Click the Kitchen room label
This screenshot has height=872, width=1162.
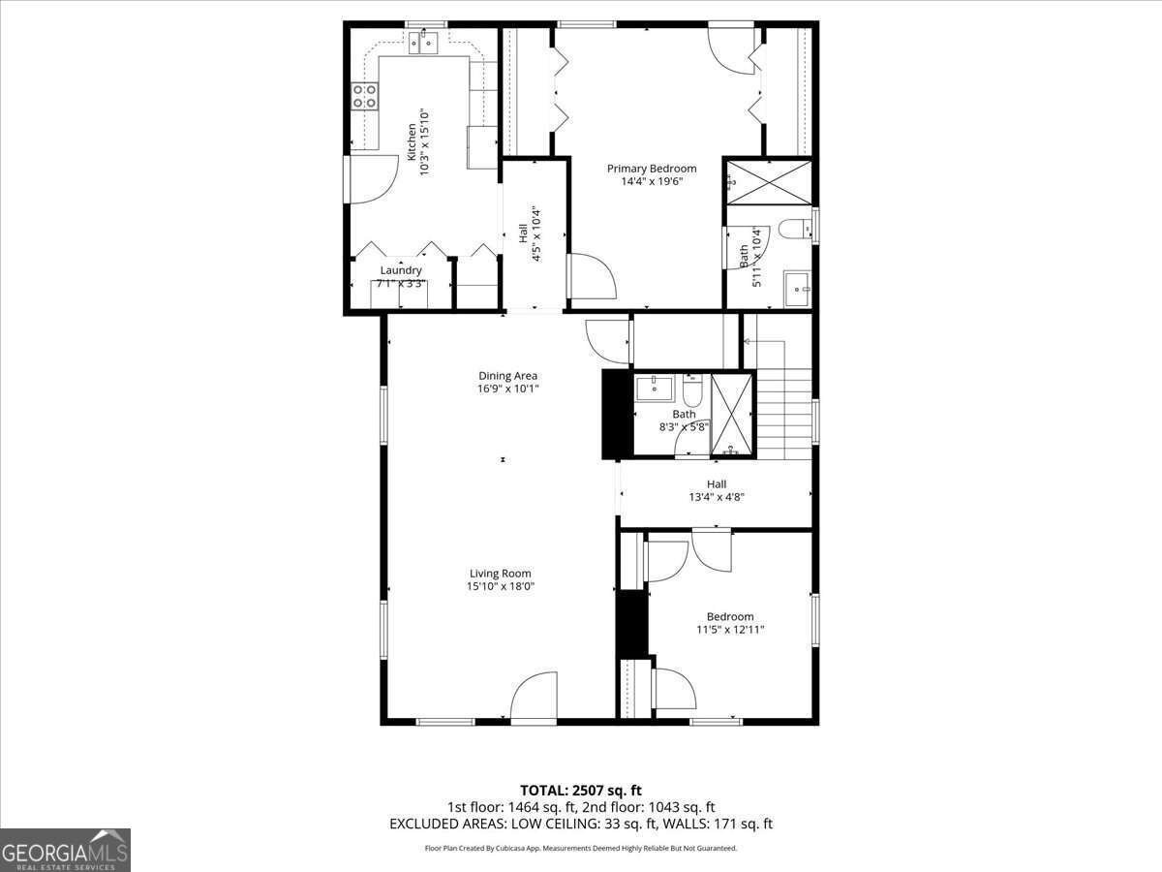click(x=412, y=141)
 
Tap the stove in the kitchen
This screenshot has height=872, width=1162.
click(x=365, y=95)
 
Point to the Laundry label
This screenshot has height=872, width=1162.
click(x=401, y=270)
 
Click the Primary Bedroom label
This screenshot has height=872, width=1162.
click(x=652, y=169)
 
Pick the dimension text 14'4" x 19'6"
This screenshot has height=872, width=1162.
click(x=652, y=181)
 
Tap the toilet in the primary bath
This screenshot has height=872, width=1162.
click(x=793, y=230)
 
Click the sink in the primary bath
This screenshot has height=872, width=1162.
click(x=797, y=288)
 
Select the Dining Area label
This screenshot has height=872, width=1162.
click(x=507, y=376)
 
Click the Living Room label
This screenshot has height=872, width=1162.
click(x=501, y=573)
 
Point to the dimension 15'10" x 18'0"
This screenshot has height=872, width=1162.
click(x=501, y=586)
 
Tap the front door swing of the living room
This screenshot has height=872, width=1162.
click(x=534, y=699)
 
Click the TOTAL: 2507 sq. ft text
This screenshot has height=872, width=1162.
click(x=581, y=790)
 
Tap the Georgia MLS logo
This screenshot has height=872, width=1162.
click(x=66, y=850)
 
